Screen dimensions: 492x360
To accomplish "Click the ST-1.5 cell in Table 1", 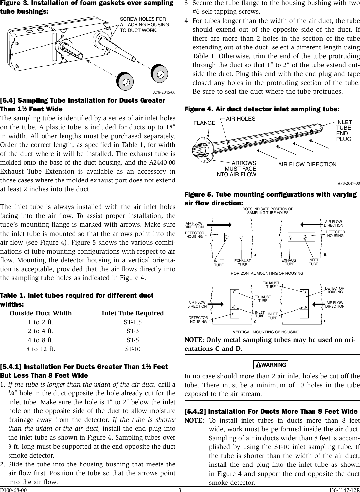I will coord(133,322).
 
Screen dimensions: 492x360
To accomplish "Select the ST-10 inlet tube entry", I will coord(133,349).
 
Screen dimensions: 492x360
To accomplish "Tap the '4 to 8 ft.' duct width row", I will coord(41,340).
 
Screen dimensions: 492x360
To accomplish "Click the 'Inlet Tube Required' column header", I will coord(133,313).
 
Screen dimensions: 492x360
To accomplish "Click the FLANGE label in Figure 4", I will coord(205,123).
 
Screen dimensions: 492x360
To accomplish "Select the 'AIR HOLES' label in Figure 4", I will coord(241,119).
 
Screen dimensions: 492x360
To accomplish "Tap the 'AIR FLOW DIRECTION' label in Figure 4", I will coord(307,164).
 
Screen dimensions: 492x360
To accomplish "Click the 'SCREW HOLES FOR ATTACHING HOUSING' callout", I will coord(144,25).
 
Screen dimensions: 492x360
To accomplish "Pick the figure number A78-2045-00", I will coord(164,92).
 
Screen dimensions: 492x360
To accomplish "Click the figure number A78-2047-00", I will coord(349,183).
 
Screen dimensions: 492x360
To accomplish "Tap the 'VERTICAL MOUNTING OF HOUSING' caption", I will coord(266,332).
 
